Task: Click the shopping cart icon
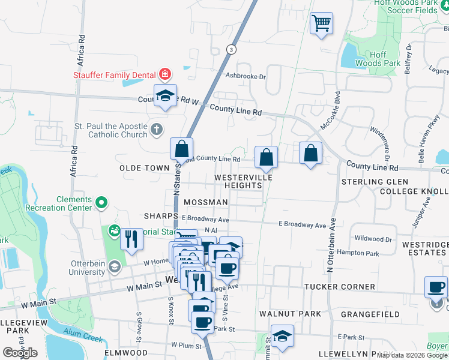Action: pos(321,24)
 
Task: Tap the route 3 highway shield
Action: pos(231,49)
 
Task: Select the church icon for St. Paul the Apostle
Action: pos(156,129)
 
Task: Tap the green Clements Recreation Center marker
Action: pos(101,203)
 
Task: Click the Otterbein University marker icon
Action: pos(115,267)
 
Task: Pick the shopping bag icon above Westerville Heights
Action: pos(266,157)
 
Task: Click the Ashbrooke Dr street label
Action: pos(245,76)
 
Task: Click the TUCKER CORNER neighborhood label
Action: pos(340,287)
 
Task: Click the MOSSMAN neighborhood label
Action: pos(206,203)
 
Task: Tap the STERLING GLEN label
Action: pos(375,182)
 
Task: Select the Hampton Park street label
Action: pos(358,254)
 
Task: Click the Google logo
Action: pos(20,353)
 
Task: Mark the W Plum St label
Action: pos(185,345)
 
